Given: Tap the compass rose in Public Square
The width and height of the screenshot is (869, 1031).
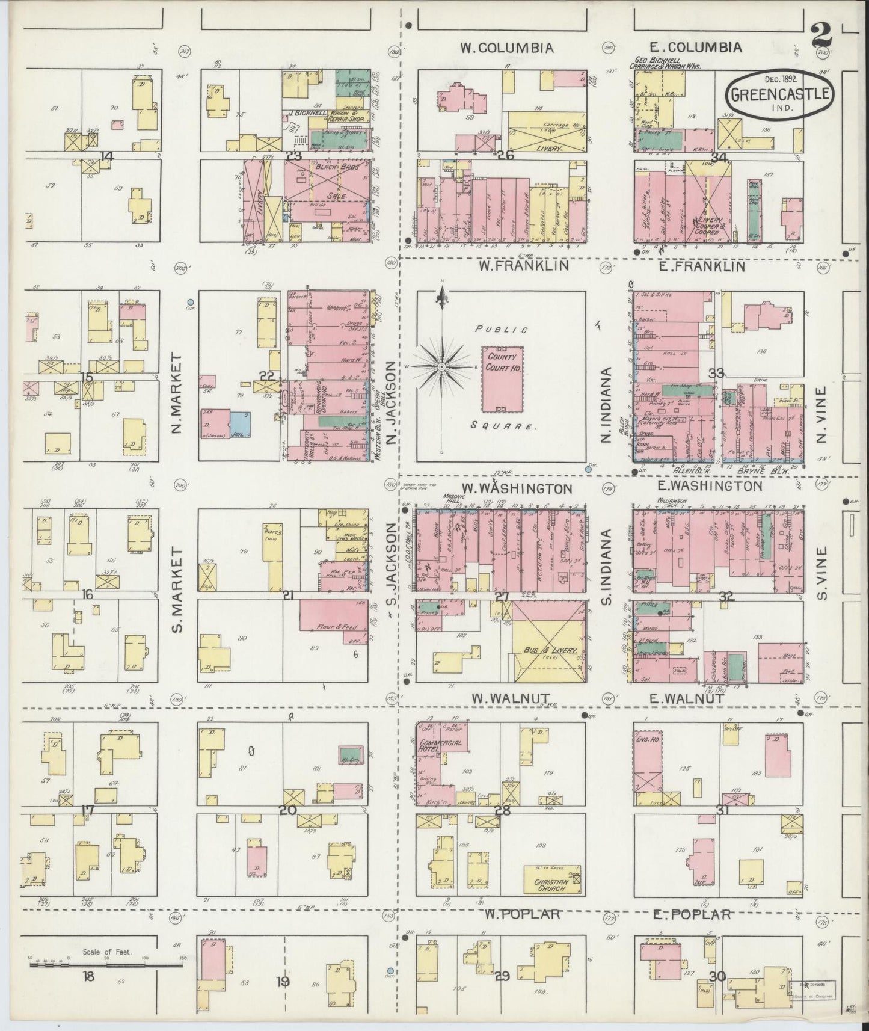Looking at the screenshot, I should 442,366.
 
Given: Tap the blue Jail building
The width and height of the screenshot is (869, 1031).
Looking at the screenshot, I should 239,423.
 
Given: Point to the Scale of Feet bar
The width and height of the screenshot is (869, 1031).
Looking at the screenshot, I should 106,964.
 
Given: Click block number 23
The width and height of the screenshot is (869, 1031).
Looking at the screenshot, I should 294,156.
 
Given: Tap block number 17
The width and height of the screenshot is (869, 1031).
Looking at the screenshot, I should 88,811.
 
